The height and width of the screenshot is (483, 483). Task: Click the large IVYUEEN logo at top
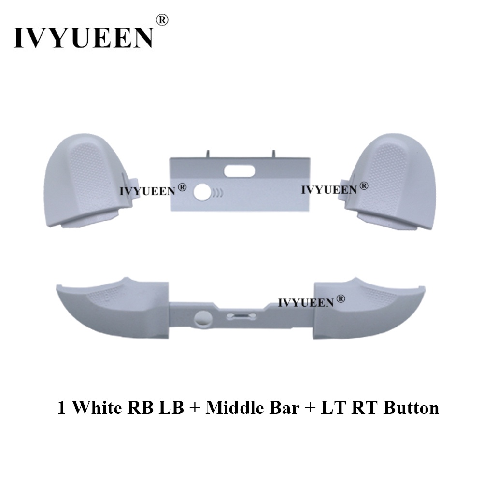pos(83,38)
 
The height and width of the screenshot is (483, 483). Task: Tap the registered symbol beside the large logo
pos(163,20)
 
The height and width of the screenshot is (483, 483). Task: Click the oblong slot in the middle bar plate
pos(239,171)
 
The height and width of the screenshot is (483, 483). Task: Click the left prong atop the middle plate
pos(208,154)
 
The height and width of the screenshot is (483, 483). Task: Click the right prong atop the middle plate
pos(273,154)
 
